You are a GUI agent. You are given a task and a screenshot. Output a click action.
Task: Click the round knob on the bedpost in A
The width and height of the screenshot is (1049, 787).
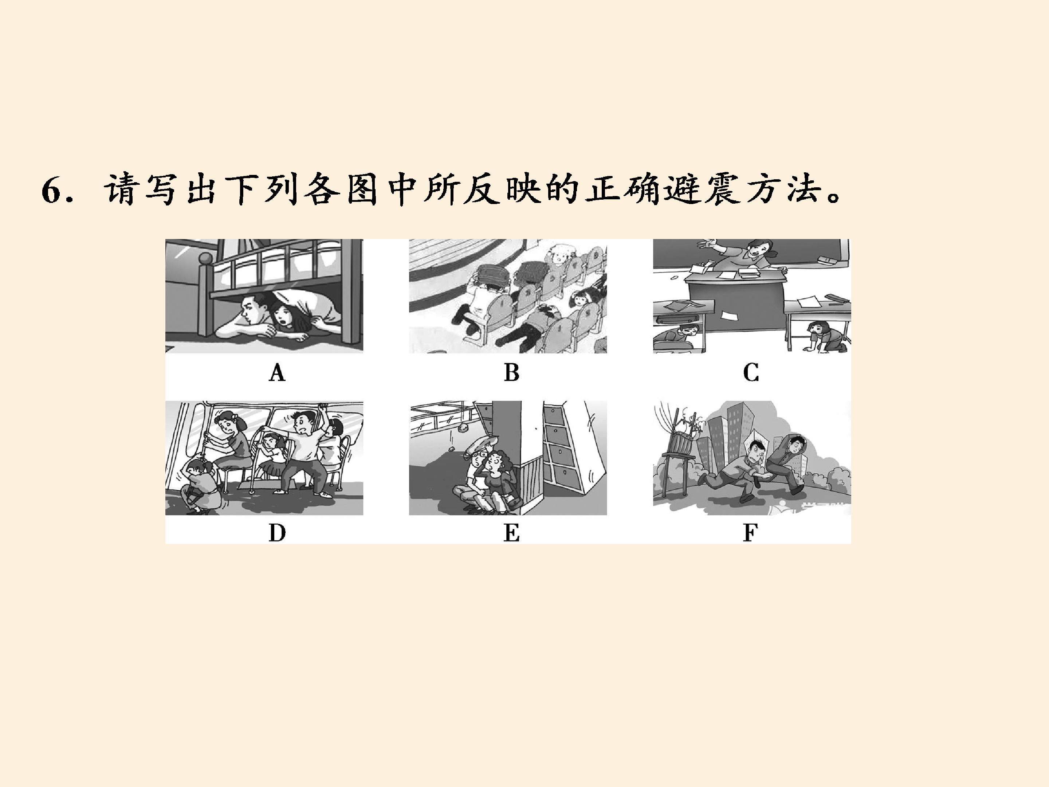click(x=205, y=259)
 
